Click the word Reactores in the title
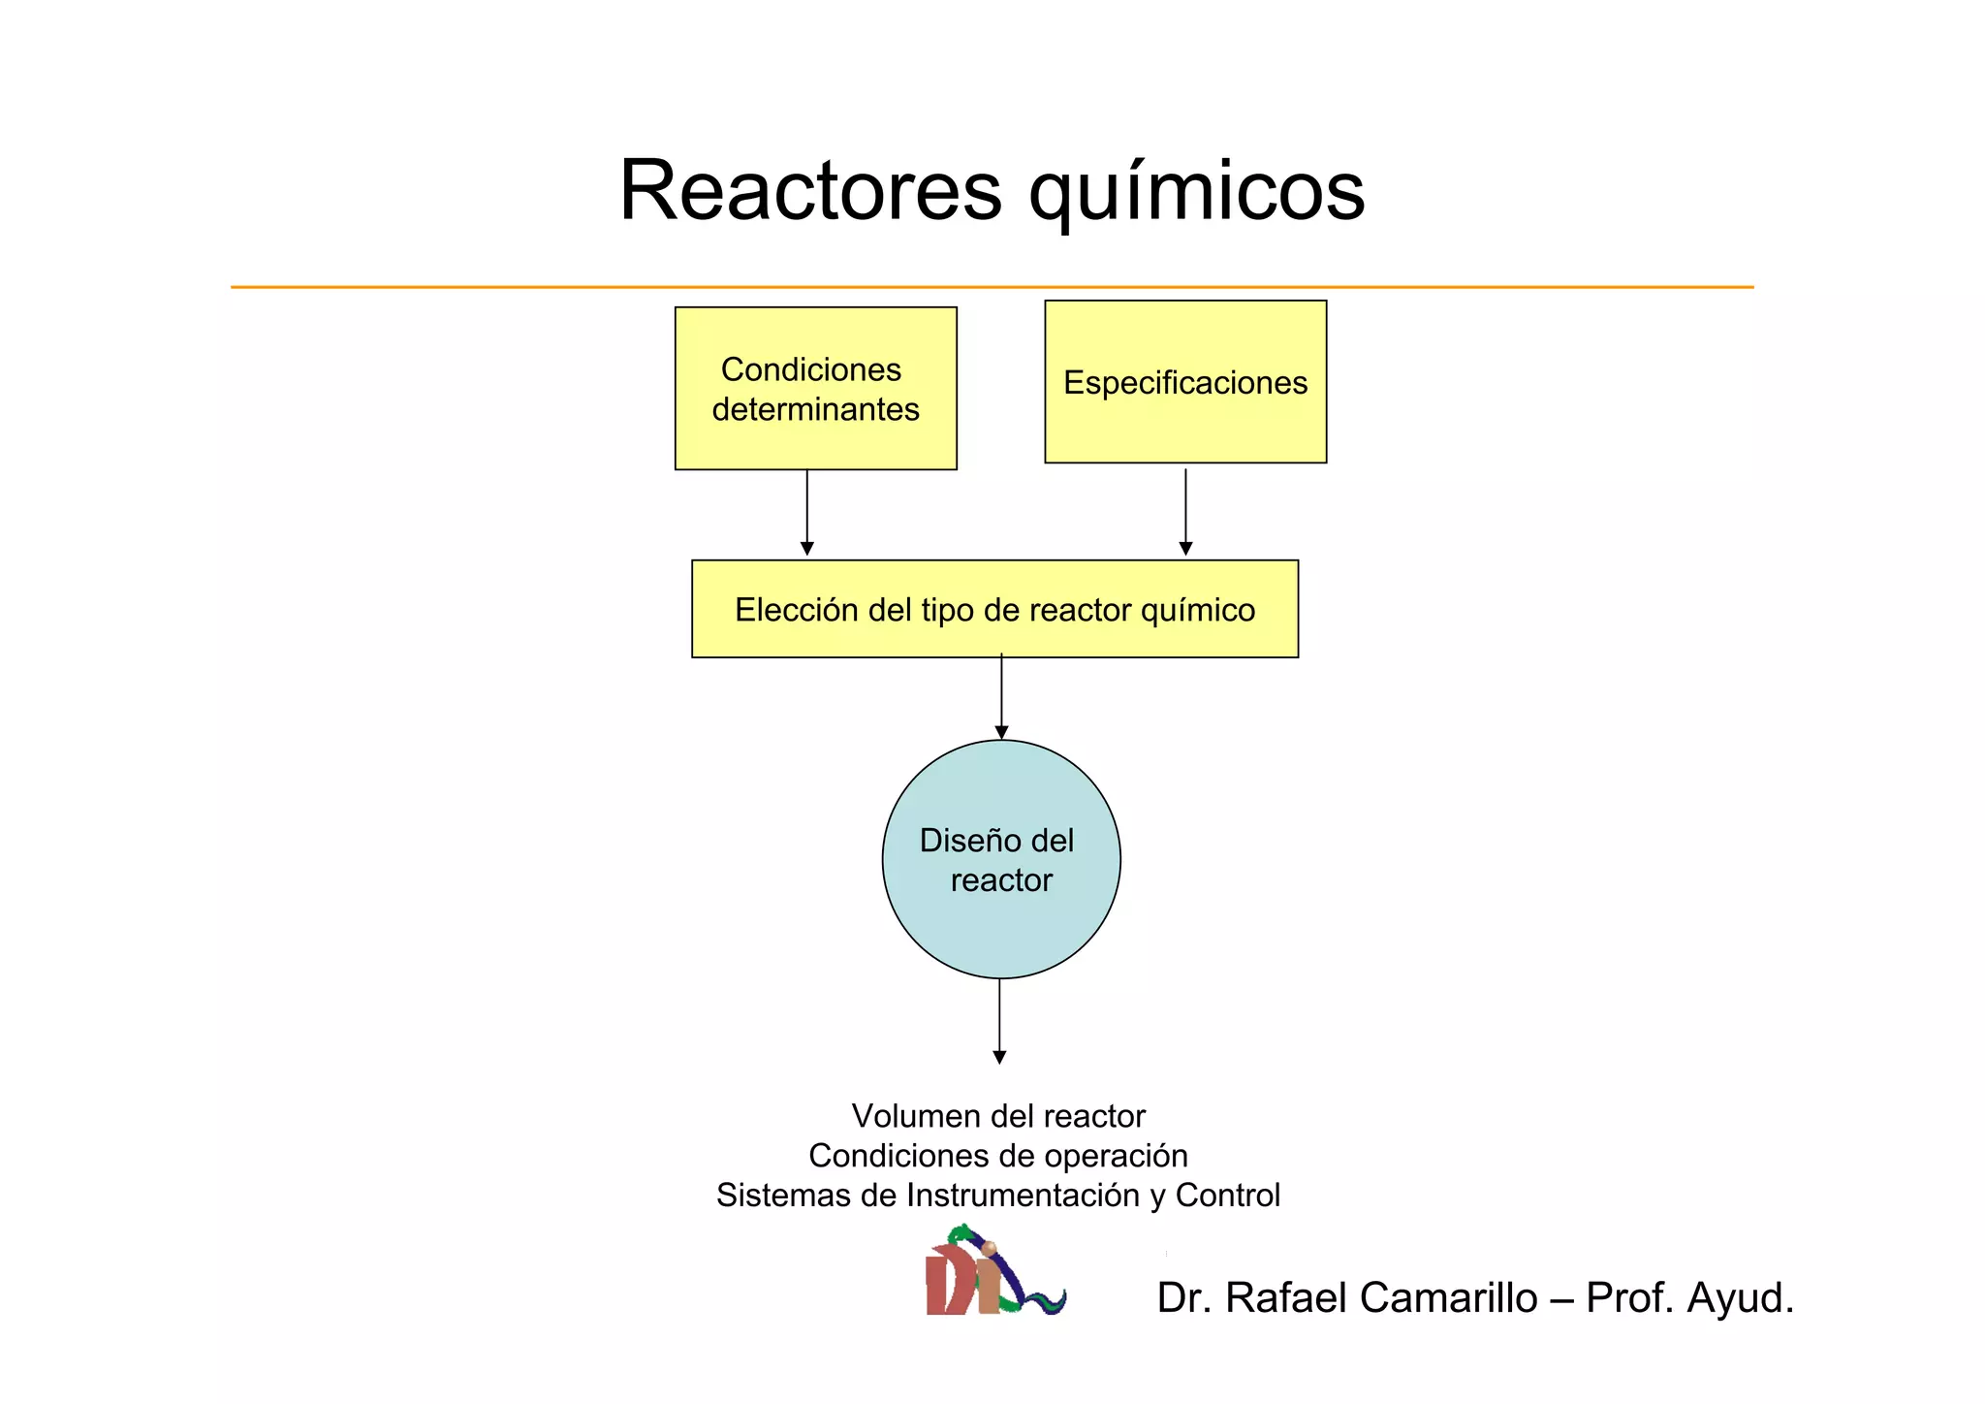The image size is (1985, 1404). [810, 191]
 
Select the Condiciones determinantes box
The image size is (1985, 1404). [815, 389]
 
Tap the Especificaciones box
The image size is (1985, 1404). [1184, 382]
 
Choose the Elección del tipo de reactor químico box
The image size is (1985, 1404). [994, 610]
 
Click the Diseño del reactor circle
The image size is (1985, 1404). [1000, 860]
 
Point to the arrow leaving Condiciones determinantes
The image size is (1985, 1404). [806, 513]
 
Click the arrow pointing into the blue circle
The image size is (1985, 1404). [1001, 697]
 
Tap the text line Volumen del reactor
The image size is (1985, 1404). [998, 1116]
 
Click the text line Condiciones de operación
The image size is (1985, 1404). [998, 1156]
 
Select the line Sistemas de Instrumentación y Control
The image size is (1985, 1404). [998, 1196]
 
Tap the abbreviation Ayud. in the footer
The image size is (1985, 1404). [1740, 1299]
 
